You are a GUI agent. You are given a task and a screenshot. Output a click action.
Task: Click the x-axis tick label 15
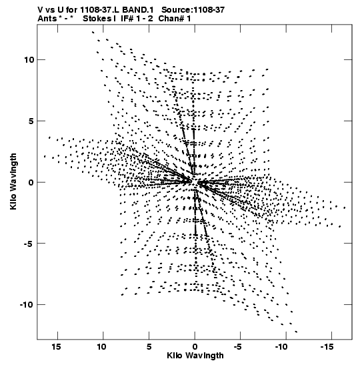click(x=56, y=347)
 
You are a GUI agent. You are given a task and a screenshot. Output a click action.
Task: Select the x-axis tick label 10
click(x=102, y=347)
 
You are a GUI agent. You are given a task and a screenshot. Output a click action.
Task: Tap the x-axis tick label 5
click(x=149, y=347)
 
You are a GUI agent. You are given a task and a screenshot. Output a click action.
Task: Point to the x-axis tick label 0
click(x=195, y=347)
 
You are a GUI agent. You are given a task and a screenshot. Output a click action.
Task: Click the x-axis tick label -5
click(x=238, y=347)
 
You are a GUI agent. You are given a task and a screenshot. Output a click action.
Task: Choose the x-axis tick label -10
click(x=281, y=347)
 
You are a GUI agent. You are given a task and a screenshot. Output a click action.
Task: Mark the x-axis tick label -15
click(x=327, y=347)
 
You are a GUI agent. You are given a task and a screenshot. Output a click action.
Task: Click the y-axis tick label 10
click(x=29, y=60)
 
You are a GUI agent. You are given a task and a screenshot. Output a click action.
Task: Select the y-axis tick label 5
click(x=31, y=121)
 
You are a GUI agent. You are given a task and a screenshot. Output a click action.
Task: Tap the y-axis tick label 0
click(x=31, y=183)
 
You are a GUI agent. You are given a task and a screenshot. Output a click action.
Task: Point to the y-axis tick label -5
click(x=29, y=244)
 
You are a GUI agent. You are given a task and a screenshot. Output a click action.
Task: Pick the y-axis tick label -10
click(x=27, y=305)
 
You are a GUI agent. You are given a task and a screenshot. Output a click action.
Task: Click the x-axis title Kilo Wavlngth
click(x=195, y=356)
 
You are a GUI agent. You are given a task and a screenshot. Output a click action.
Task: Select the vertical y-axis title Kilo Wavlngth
click(x=13, y=181)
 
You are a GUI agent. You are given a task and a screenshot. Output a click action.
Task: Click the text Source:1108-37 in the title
click(x=193, y=10)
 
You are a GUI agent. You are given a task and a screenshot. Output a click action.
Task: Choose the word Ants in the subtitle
click(x=47, y=19)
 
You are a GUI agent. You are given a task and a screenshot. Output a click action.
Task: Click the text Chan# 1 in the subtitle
click(x=175, y=19)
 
